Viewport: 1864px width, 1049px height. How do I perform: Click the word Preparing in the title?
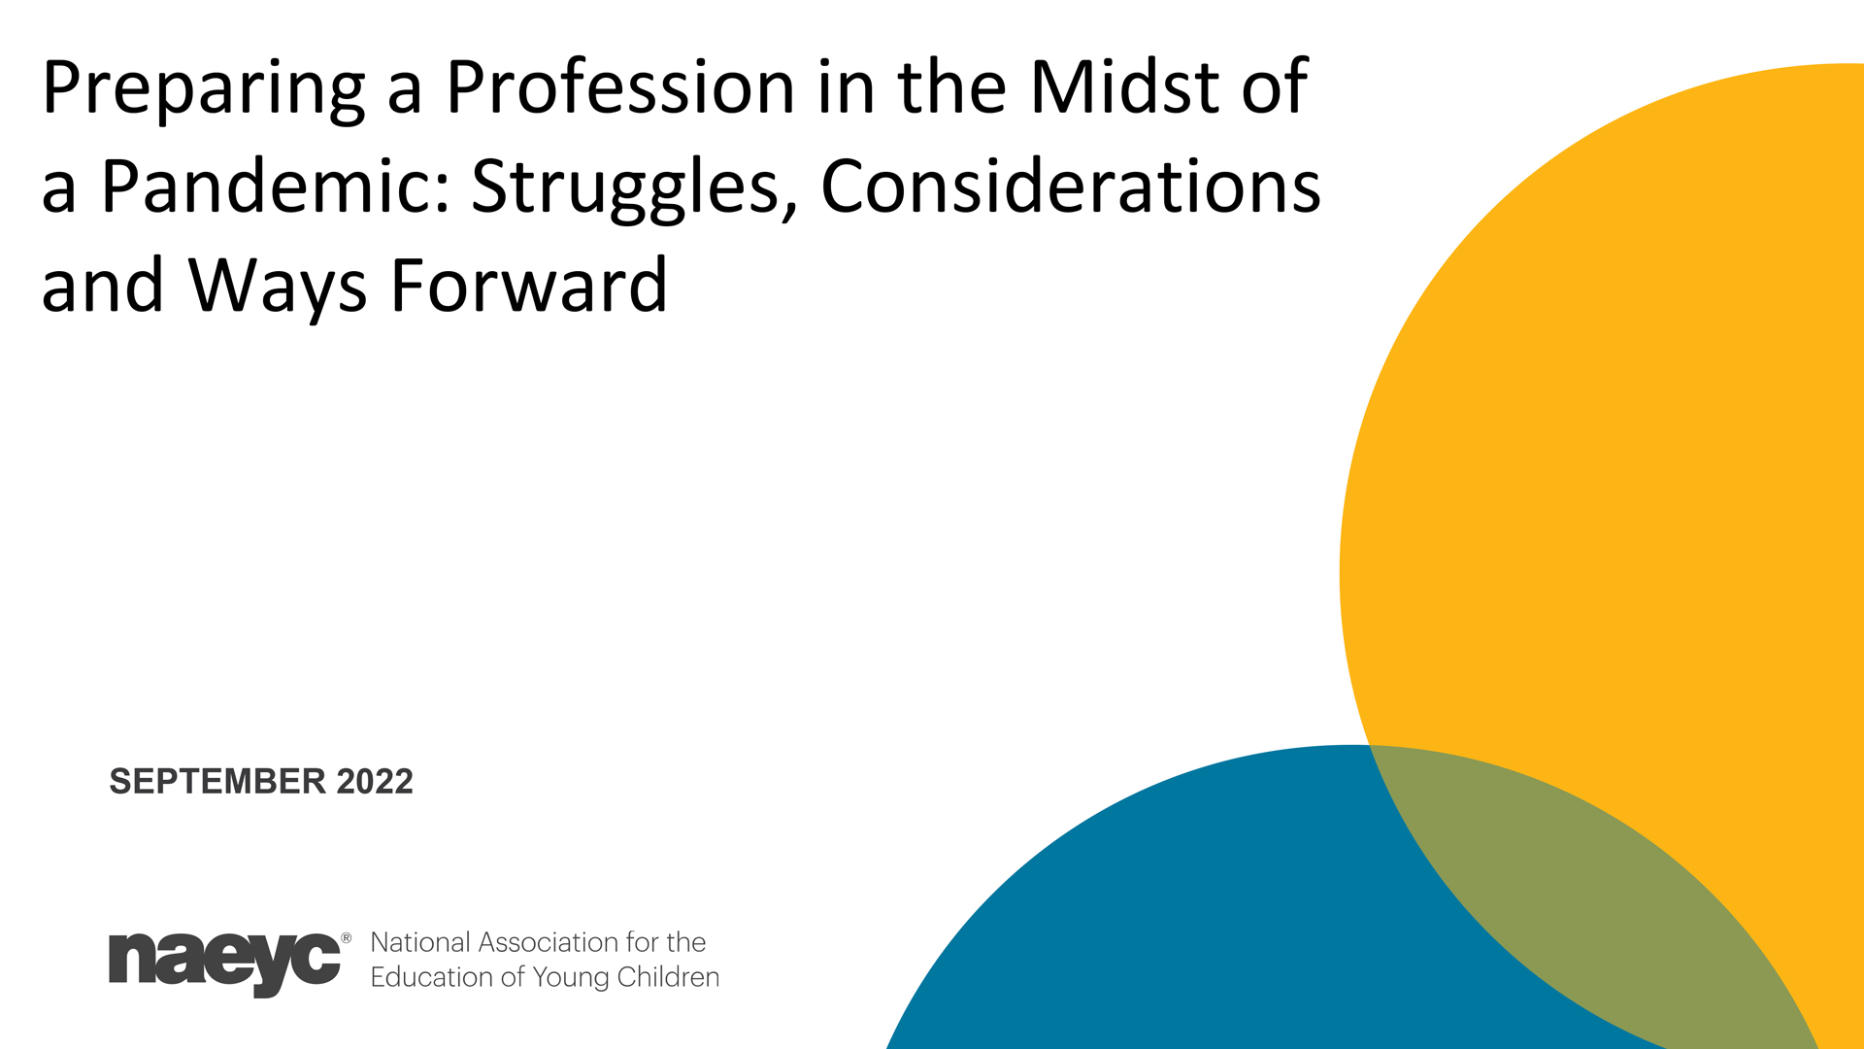(204, 90)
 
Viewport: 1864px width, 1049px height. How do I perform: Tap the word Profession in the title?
(620, 87)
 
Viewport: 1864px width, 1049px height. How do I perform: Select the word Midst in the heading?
(1124, 87)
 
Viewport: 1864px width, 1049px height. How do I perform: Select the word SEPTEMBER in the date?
(217, 782)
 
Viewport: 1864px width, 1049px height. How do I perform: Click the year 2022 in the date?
(375, 782)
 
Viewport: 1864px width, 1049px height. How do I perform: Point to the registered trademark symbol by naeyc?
(347, 938)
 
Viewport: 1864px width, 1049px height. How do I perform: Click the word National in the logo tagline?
(420, 942)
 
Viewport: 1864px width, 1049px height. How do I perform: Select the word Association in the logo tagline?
(548, 942)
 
